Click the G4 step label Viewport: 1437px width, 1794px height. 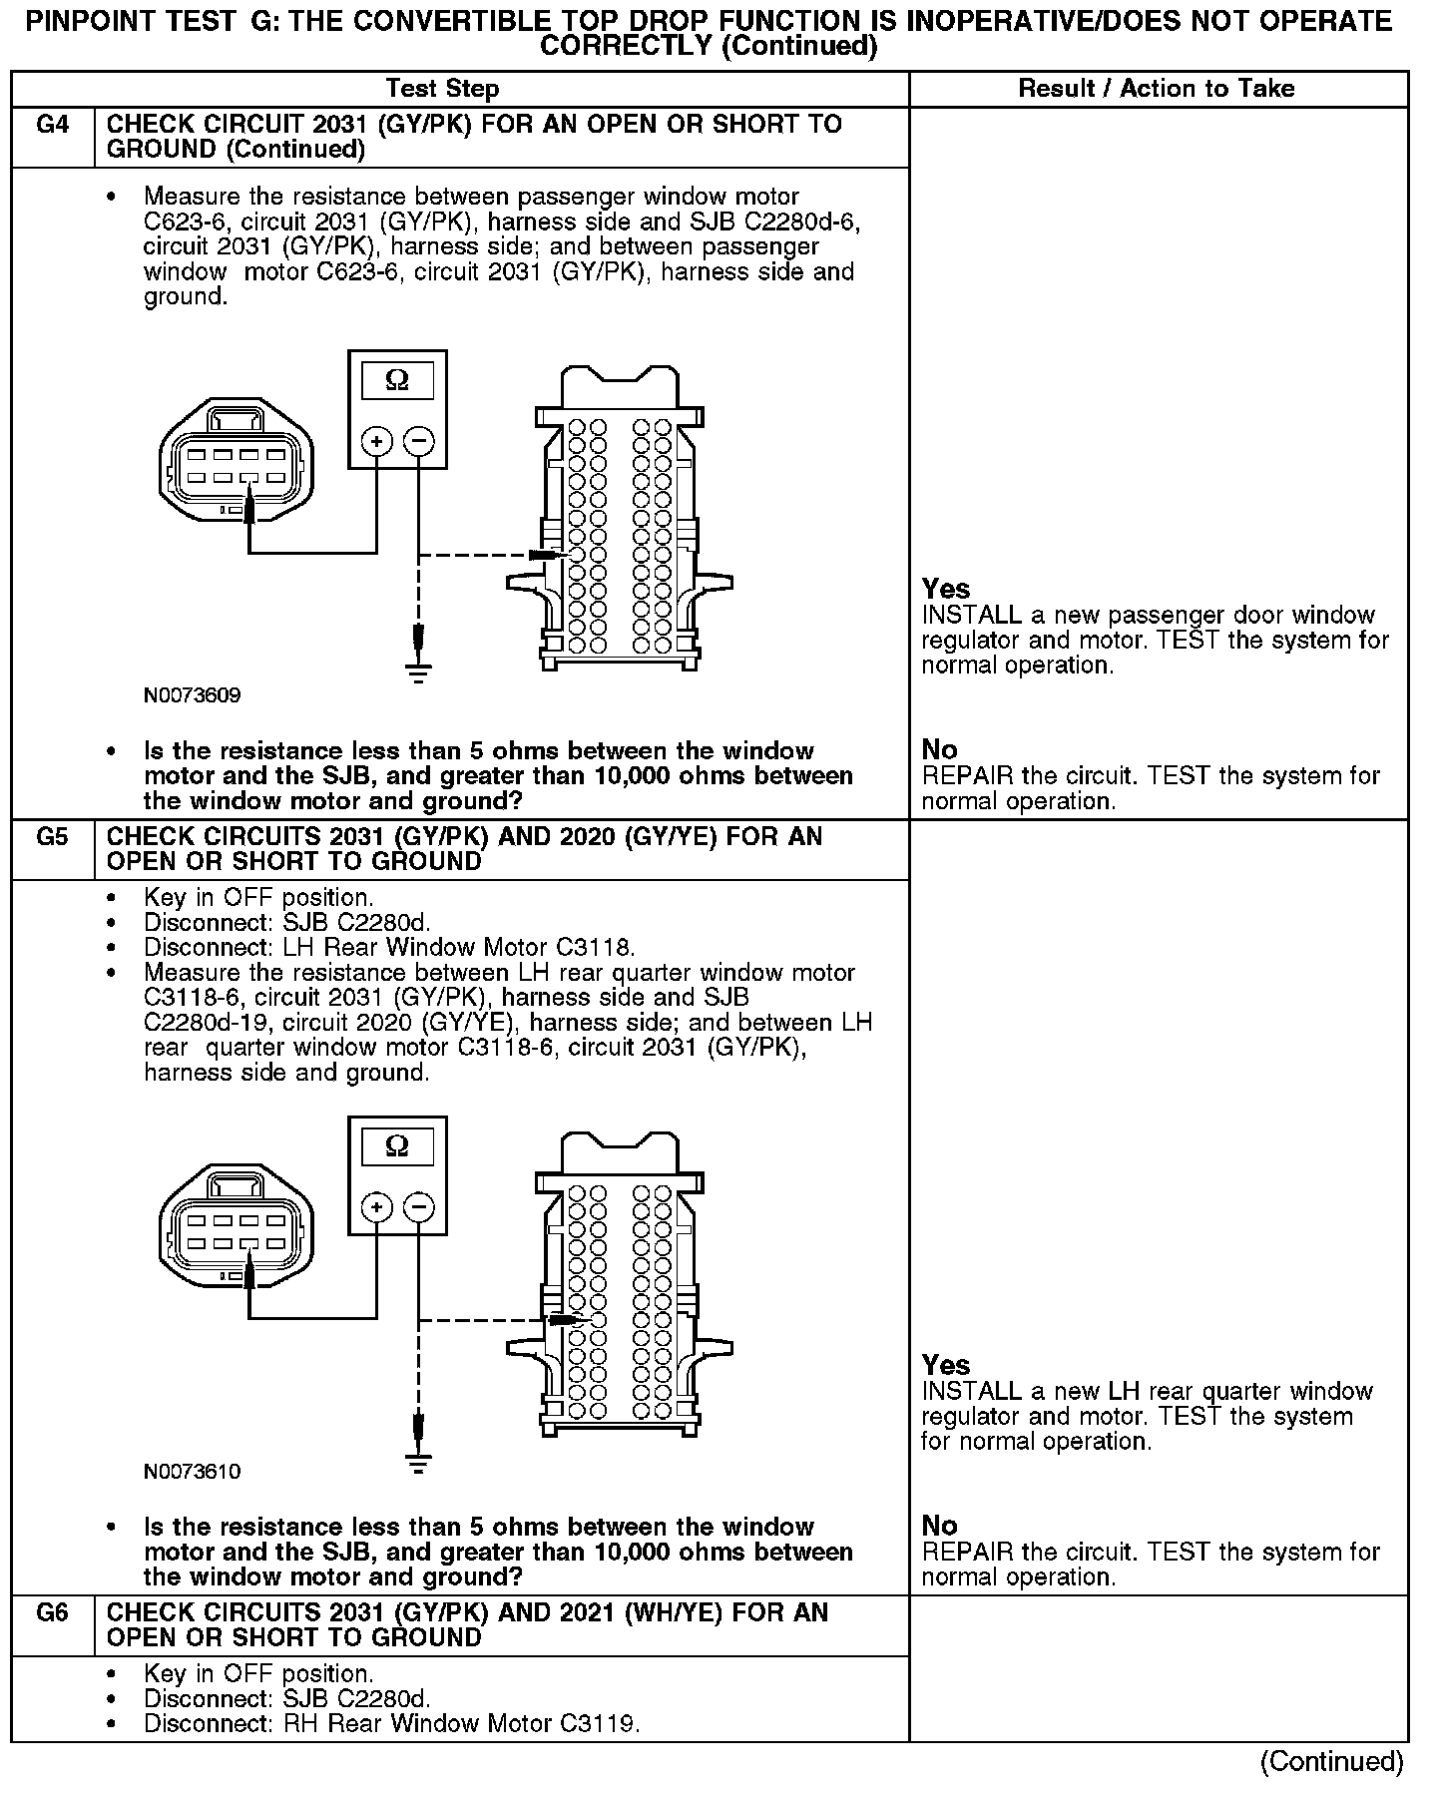pos(52,125)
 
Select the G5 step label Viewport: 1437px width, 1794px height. pos(52,837)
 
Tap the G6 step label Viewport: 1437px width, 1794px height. pos(52,1613)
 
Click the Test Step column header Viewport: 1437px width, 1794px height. pos(442,89)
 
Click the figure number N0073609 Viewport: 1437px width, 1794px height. pos(192,695)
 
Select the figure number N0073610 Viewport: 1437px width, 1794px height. pos(192,1472)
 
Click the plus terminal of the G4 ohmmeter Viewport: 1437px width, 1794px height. pos(376,440)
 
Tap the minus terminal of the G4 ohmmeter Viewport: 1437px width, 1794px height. pos(419,440)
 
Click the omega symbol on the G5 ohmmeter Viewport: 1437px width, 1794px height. pos(397,1146)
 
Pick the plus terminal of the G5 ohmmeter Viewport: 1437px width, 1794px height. pos(376,1207)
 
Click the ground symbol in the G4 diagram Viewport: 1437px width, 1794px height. pos(419,674)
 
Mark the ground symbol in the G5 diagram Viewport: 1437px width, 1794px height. pos(419,1463)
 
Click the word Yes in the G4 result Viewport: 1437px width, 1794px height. pos(945,589)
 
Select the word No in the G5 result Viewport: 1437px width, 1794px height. pos(939,1526)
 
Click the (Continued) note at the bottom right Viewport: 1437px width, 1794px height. pos(1331,1762)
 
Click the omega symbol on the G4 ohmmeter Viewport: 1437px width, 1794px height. pos(397,380)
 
